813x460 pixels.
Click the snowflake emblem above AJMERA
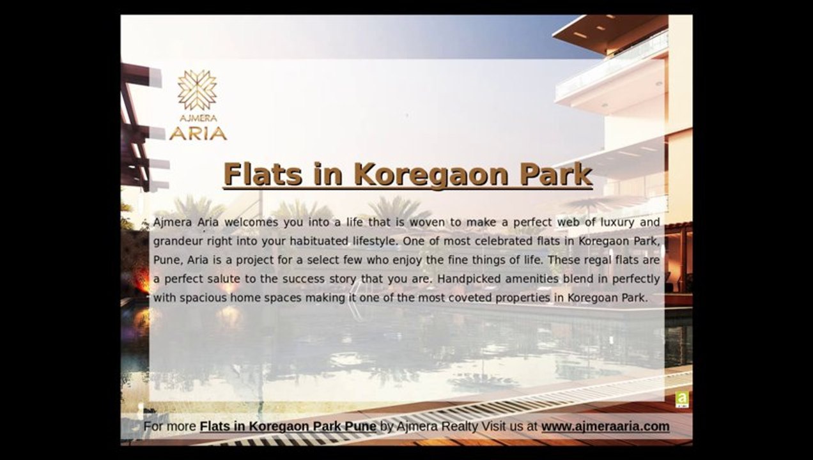[x=197, y=90]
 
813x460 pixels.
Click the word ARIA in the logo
[x=198, y=134]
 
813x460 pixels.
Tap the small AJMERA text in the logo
[x=198, y=118]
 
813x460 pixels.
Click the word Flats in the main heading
[x=263, y=174]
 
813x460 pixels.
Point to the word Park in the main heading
[x=556, y=174]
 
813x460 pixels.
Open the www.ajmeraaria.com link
[x=605, y=426]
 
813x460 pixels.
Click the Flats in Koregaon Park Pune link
[x=288, y=426]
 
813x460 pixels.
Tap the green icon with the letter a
[x=682, y=399]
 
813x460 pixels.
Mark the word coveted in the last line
[x=470, y=298]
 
